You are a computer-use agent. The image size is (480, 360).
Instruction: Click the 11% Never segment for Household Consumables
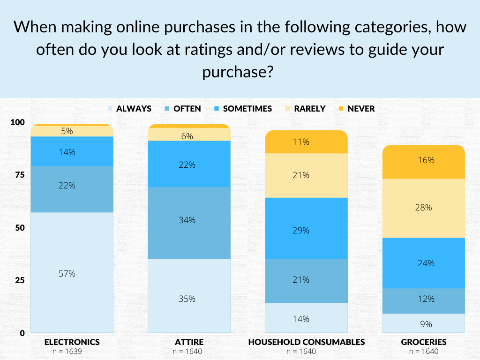[306, 142]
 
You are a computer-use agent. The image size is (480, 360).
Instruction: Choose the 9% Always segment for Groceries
[423, 323]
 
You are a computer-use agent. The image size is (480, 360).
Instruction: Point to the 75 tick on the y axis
[17, 175]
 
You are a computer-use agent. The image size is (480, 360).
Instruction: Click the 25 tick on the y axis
[17, 280]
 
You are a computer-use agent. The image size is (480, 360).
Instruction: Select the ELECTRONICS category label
[72, 342]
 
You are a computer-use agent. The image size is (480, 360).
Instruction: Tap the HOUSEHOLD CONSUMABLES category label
[306, 342]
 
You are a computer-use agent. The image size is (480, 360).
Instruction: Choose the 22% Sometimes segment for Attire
[189, 164]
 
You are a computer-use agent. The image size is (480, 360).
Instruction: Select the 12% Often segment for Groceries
[423, 299]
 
